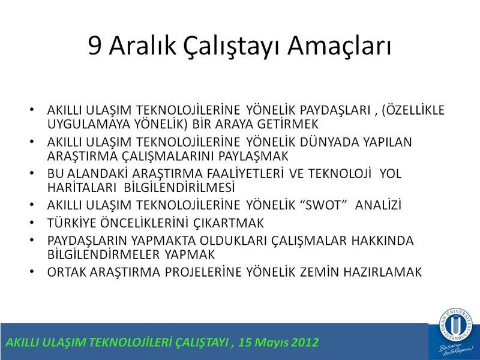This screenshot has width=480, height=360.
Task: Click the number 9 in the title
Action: point(95,46)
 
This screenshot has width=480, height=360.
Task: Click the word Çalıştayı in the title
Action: point(232,47)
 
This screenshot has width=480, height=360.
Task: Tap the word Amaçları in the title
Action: point(339,47)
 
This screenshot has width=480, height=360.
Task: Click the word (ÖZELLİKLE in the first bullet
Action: point(413,110)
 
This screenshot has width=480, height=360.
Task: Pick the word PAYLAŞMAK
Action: point(253,156)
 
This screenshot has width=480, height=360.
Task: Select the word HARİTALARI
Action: point(82,187)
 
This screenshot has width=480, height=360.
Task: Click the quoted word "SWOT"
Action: point(323,205)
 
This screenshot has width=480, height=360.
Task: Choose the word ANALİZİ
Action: point(378,205)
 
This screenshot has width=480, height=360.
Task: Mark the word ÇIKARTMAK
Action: point(229,223)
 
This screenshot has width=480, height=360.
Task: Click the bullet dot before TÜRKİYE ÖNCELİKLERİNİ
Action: point(32,222)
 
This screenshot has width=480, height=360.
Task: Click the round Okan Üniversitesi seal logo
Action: point(456,323)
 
